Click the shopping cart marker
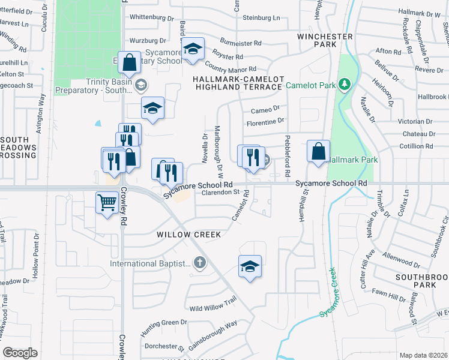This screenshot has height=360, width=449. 107,203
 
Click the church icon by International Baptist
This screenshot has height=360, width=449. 199,262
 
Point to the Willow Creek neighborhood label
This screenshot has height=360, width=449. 189,234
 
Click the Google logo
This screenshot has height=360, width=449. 20,353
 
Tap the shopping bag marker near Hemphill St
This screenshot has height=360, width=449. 319,151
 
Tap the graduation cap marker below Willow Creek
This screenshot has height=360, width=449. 250,267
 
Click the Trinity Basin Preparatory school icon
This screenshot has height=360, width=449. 140,85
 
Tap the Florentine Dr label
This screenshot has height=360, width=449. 265,122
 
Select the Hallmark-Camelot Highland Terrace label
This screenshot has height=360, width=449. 237,83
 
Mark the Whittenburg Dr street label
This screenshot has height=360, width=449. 147,17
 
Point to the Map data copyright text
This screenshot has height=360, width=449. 424,355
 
